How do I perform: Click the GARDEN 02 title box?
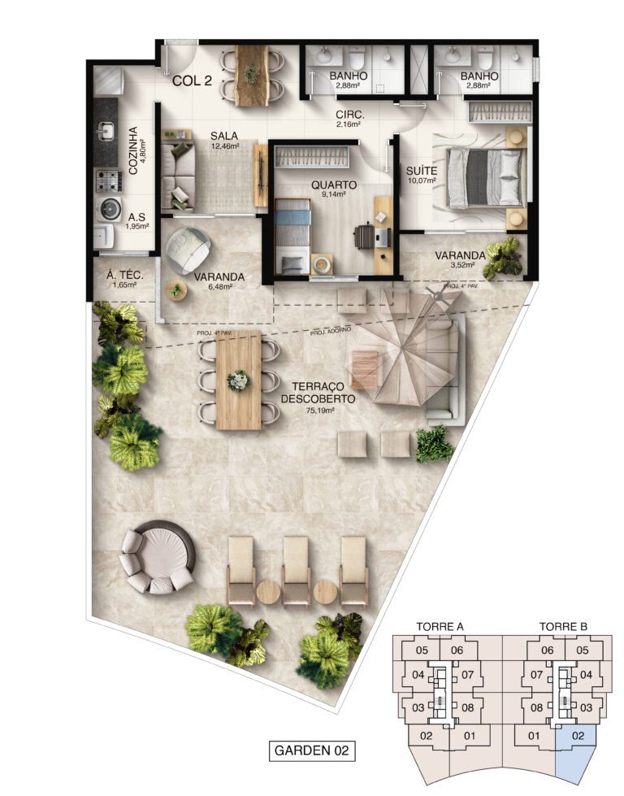click(x=312, y=750)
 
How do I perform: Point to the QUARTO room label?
click(x=333, y=185)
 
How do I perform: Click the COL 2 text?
click(x=192, y=80)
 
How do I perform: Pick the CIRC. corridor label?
click(x=350, y=115)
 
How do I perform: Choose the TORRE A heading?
click(x=440, y=627)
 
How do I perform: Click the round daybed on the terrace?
click(x=158, y=557)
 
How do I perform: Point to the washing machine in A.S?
click(x=107, y=209)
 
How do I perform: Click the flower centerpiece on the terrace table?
click(x=238, y=380)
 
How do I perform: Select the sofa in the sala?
click(x=176, y=174)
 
